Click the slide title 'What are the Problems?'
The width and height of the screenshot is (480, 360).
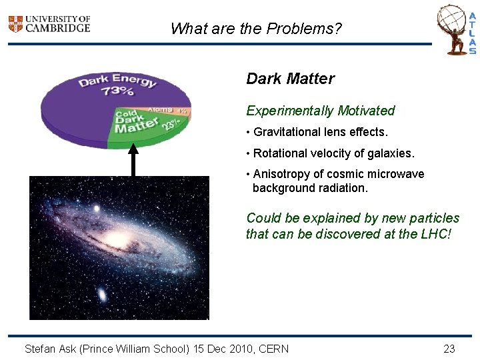tap(257, 29)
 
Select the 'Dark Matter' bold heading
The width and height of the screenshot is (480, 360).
tap(290, 79)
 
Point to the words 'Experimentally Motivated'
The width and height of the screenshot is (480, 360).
tap(320, 111)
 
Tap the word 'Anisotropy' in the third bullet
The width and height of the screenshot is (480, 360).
tap(281, 174)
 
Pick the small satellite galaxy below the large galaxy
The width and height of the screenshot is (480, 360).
tap(102, 294)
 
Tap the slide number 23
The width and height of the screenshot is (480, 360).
tap(449, 349)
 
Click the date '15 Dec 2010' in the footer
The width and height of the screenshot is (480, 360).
tap(225, 349)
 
